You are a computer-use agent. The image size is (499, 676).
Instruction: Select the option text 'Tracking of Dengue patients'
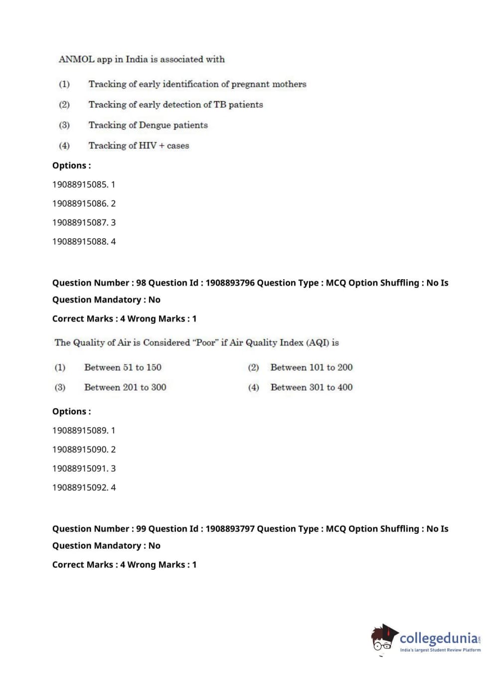(x=148, y=125)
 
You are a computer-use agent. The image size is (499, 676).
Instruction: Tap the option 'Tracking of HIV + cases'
(x=139, y=146)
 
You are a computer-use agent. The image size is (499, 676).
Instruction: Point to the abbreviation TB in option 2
(x=220, y=105)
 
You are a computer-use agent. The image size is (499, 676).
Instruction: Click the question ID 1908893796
(x=230, y=283)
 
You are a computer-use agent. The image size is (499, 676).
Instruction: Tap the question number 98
(x=141, y=283)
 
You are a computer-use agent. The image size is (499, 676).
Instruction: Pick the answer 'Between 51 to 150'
(x=123, y=367)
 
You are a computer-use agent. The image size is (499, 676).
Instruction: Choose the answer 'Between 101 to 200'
(x=311, y=367)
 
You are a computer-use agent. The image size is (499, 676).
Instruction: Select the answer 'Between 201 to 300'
(x=125, y=387)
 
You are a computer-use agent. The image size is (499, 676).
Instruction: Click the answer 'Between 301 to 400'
(x=311, y=387)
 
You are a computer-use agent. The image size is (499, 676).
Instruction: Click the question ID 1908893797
(x=230, y=528)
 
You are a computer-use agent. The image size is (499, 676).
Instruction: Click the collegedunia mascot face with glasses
(x=383, y=640)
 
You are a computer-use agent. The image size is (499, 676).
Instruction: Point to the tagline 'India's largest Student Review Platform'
(x=440, y=650)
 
